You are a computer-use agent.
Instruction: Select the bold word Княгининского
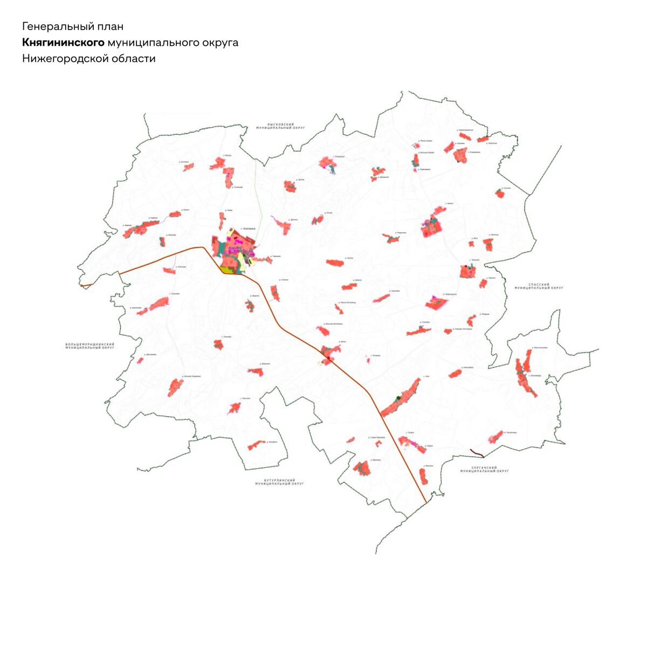(x=63, y=43)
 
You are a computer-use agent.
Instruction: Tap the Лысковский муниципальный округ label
(x=280, y=126)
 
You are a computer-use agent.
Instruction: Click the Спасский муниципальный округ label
(x=539, y=286)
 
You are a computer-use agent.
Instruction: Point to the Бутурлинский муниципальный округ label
(x=280, y=481)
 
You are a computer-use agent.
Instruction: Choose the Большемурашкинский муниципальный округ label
(x=90, y=346)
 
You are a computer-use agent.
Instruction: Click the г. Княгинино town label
(x=247, y=229)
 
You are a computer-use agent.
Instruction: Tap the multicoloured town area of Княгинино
(x=235, y=251)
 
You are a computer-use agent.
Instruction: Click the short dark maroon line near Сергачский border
(x=477, y=453)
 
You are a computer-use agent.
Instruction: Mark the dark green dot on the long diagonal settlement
(x=398, y=398)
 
